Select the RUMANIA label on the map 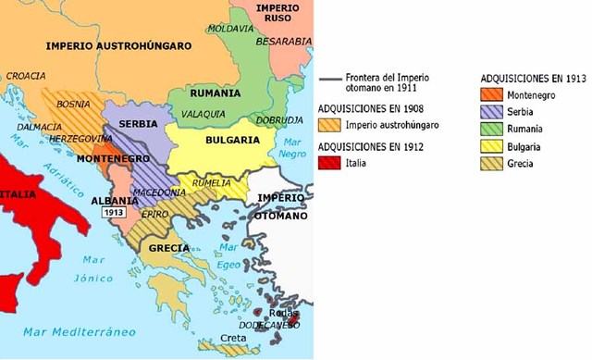(215, 93)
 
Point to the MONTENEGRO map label (106, 159)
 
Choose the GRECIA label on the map (166, 248)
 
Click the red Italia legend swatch (328, 163)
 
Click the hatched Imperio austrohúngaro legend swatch (328, 125)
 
